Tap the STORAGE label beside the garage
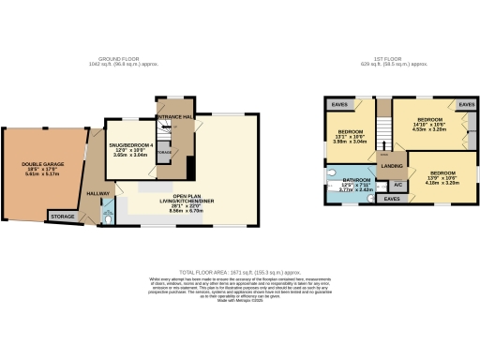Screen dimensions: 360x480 tap(63, 217)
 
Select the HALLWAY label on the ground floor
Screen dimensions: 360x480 tap(97, 192)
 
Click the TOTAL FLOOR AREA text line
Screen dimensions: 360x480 tap(241, 267)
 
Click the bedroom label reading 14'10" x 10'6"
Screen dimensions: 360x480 tap(429, 121)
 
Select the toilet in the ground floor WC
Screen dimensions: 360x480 tap(110, 217)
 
